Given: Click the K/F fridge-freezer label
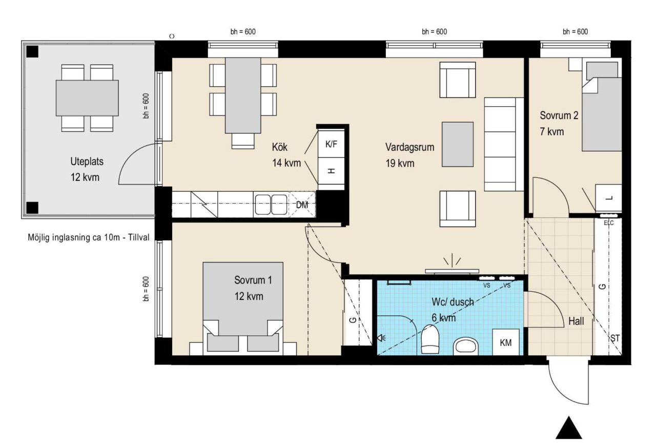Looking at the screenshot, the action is point(331,144).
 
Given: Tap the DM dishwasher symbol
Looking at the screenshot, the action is point(302,205).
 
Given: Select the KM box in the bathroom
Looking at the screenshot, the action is point(506,342).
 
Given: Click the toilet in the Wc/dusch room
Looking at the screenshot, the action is point(429,339).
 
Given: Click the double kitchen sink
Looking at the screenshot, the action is point(271,205).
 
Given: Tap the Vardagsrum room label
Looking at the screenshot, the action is point(409,147).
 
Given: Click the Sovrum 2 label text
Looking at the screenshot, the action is point(559,115).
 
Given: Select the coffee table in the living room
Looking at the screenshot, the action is point(458,145).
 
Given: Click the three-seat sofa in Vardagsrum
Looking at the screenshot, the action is point(504,144).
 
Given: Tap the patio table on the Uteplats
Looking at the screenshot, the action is point(87,98).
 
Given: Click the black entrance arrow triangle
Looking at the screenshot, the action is point(569,428).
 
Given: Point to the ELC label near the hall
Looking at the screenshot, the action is point(608,223).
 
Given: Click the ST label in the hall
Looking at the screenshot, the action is point(615,338).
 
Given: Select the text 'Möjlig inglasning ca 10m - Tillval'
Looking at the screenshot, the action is point(89,237).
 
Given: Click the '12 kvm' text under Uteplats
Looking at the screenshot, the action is point(85,177).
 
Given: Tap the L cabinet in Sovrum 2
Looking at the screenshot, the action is point(608,198).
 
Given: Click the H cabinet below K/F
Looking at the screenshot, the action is point(331,171).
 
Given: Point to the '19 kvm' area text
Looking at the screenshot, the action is point(400,163).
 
